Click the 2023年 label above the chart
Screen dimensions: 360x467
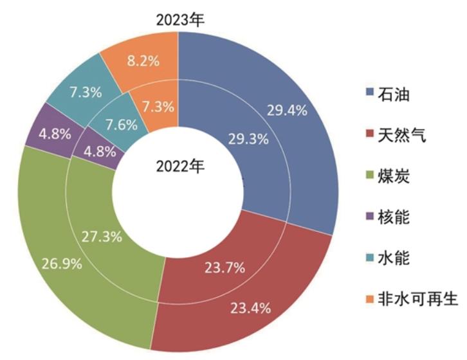[x=179, y=19]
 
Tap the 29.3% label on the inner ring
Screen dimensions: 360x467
[x=248, y=138]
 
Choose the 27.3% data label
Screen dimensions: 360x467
[x=102, y=236]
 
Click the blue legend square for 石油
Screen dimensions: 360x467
[x=369, y=94]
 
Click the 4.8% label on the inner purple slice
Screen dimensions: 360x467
[x=96, y=152]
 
